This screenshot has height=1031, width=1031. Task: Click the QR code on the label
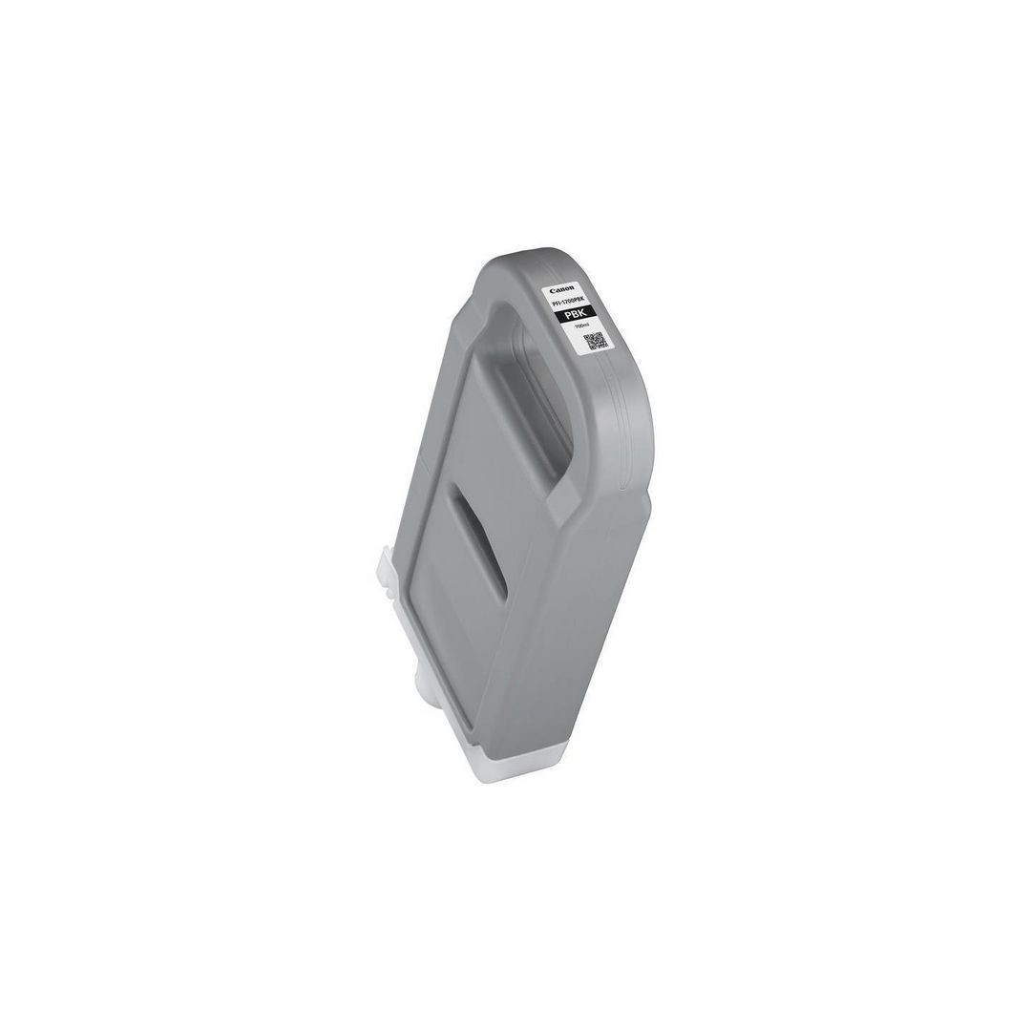tap(594, 341)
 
